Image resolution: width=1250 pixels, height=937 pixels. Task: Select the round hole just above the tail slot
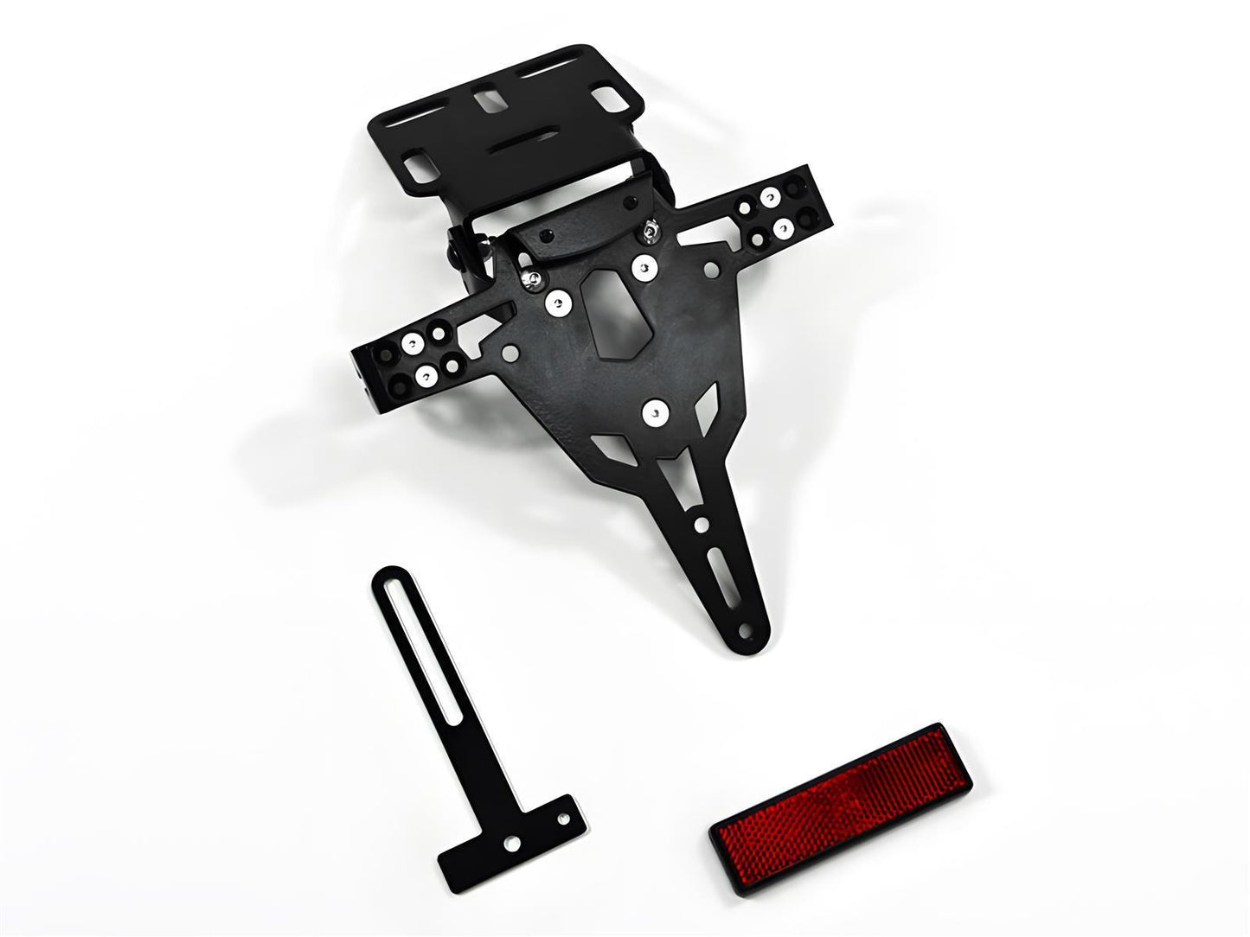[702, 524]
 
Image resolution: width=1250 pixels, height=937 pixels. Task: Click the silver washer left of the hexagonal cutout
[558, 303]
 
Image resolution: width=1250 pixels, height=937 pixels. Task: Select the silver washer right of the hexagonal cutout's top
[644, 268]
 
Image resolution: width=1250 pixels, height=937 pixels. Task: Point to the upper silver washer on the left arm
[413, 344]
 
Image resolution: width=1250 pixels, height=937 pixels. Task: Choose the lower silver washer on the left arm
[426, 376]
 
